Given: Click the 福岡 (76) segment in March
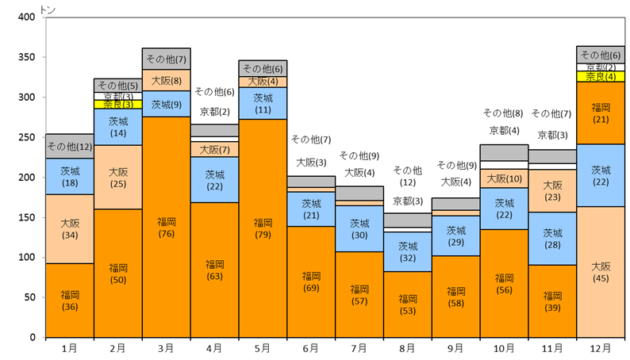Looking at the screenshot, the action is click(167, 227).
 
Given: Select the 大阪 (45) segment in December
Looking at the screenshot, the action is click(601, 272).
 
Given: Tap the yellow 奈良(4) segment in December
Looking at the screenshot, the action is click(601, 76).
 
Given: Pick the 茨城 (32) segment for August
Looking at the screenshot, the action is click(408, 252).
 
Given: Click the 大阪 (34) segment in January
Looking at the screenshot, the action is click(70, 228).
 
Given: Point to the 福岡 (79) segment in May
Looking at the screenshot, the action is click(263, 228).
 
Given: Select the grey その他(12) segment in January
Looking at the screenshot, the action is click(70, 147).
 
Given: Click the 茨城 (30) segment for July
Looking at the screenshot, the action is click(359, 228).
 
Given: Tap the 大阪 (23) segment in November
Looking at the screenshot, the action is click(552, 191).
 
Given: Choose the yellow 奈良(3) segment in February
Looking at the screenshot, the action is click(118, 105).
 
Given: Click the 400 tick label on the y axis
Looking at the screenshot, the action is click(26, 17).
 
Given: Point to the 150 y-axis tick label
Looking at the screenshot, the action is click(26, 217).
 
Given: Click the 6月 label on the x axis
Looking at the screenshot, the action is click(311, 348).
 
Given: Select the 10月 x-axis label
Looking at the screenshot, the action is click(504, 348).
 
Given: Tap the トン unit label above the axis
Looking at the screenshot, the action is click(48, 10).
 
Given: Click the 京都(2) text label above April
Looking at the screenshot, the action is click(214, 112).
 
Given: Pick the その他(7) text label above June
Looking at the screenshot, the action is click(311, 140).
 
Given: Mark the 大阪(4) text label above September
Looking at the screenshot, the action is click(456, 182).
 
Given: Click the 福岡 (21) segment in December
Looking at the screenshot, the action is click(601, 113).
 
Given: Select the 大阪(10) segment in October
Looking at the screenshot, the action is click(505, 178).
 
